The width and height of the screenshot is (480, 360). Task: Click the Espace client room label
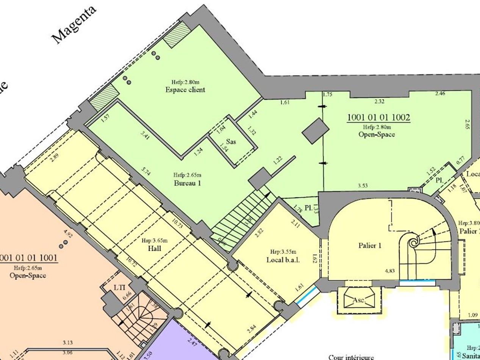185,90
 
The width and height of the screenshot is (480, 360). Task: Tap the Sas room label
231,141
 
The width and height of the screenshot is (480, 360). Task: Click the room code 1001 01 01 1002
378,117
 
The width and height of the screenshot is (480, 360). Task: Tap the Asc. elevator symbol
358,301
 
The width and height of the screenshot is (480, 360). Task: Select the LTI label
120,287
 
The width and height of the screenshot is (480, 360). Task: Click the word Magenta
74,25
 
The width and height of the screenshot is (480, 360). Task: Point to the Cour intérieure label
351,357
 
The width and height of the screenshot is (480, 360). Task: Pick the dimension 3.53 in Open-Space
363,186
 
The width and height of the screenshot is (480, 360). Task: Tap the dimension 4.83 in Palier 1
390,271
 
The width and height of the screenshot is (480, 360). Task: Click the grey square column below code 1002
316,131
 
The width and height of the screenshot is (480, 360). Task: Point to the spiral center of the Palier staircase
414,241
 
